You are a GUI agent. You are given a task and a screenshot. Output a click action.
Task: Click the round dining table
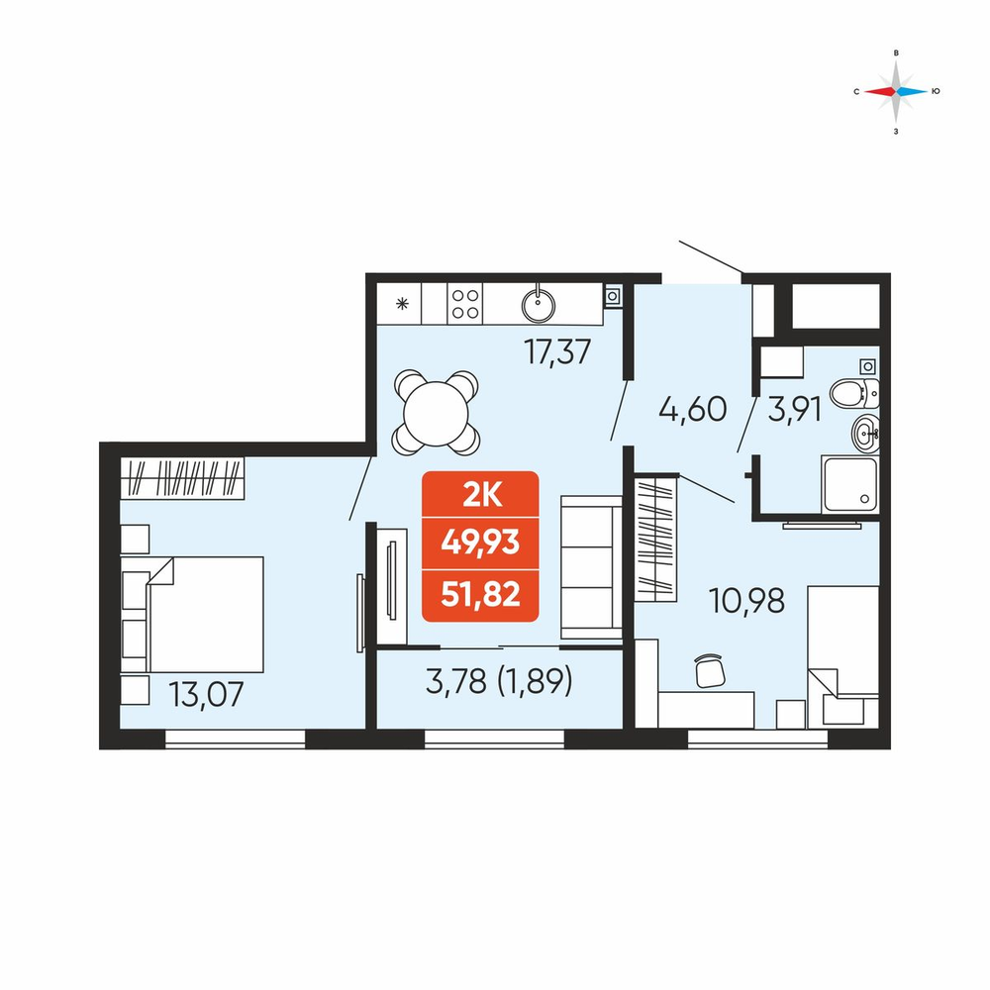435,414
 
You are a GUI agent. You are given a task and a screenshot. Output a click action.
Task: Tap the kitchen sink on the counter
539,305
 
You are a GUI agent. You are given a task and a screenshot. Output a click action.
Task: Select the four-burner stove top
464,304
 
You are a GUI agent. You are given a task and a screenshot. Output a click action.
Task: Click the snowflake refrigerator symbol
402,304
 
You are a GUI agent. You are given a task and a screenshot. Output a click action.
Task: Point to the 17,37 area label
557,351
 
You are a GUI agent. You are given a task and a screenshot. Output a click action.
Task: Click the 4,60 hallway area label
693,409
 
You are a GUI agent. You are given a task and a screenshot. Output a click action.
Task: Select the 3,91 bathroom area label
794,409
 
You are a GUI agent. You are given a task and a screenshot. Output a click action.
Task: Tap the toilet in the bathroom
854,394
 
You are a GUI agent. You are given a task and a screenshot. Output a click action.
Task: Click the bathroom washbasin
865,434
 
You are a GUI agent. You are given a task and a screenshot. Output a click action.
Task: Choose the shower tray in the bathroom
849,484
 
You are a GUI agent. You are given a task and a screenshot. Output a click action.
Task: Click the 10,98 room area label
746,601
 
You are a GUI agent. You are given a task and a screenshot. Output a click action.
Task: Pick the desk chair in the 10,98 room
710,670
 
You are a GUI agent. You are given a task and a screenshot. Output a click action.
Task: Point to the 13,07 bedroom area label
206,695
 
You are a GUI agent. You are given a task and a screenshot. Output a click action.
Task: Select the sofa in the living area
591,567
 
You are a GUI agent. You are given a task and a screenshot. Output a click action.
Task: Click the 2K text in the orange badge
481,496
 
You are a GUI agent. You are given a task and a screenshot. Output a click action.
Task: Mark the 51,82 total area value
480,594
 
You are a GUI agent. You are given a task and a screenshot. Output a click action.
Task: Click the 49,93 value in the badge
480,543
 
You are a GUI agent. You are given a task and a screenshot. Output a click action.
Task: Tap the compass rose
896,91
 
